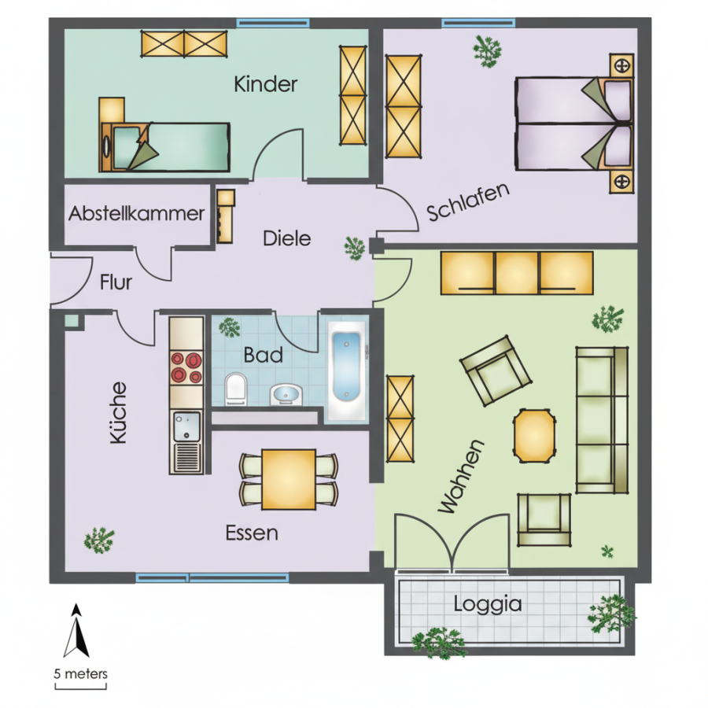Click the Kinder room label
(x=266, y=84)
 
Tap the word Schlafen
(x=468, y=202)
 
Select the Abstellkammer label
(x=136, y=213)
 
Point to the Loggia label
(x=487, y=604)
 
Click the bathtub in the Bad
(x=346, y=371)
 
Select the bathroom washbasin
(x=286, y=395)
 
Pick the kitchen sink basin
(x=186, y=426)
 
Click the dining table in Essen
(x=289, y=479)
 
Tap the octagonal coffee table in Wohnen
(x=534, y=436)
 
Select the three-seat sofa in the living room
(x=602, y=419)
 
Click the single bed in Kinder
(x=165, y=147)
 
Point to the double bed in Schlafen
(x=573, y=124)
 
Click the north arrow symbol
(x=77, y=630)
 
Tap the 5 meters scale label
(x=81, y=674)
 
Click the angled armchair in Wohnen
(x=495, y=371)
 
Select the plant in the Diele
(x=355, y=248)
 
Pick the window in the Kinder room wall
(x=273, y=23)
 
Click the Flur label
(x=116, y=282)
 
